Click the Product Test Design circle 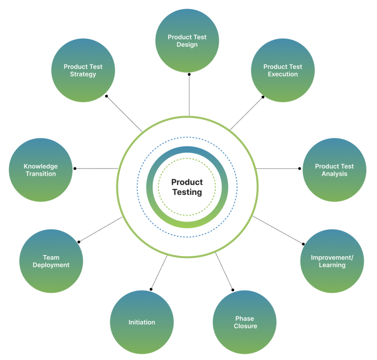click(x=187, y=40)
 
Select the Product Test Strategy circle click(x=83, y=70)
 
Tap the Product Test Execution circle click(x=283, y=70)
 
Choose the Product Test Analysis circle click(x=334, y=170)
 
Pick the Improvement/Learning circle click(x=332, y=261)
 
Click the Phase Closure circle click(x=245, y=322)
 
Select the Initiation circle click(x=142, y=322)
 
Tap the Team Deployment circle click(x=51, y=261)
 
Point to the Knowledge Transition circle click(x=40, y=170)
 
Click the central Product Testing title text click(x=187, y=187)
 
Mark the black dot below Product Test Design click(x=189, y=74)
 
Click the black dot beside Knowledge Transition click(x=75, y=169)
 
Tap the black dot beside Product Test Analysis click(x=300, y=169)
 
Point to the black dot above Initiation click(x=151, y=289)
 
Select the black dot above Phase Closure click(x=233, y=290)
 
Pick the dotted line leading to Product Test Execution click(x=247, y=113)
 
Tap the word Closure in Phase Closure click(x=245, y=326)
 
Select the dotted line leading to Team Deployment click(x=101, y=230)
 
